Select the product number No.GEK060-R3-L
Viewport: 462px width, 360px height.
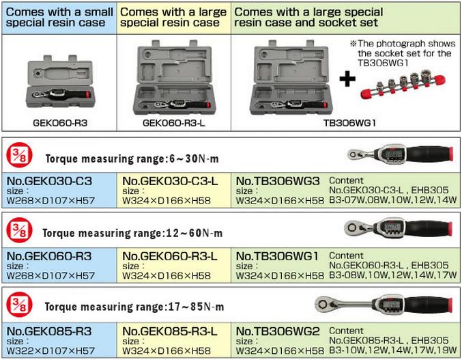tap(169, 256)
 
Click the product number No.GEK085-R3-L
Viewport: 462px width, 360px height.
tap(169, 331)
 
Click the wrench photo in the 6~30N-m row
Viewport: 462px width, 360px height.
tap(398, 153)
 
